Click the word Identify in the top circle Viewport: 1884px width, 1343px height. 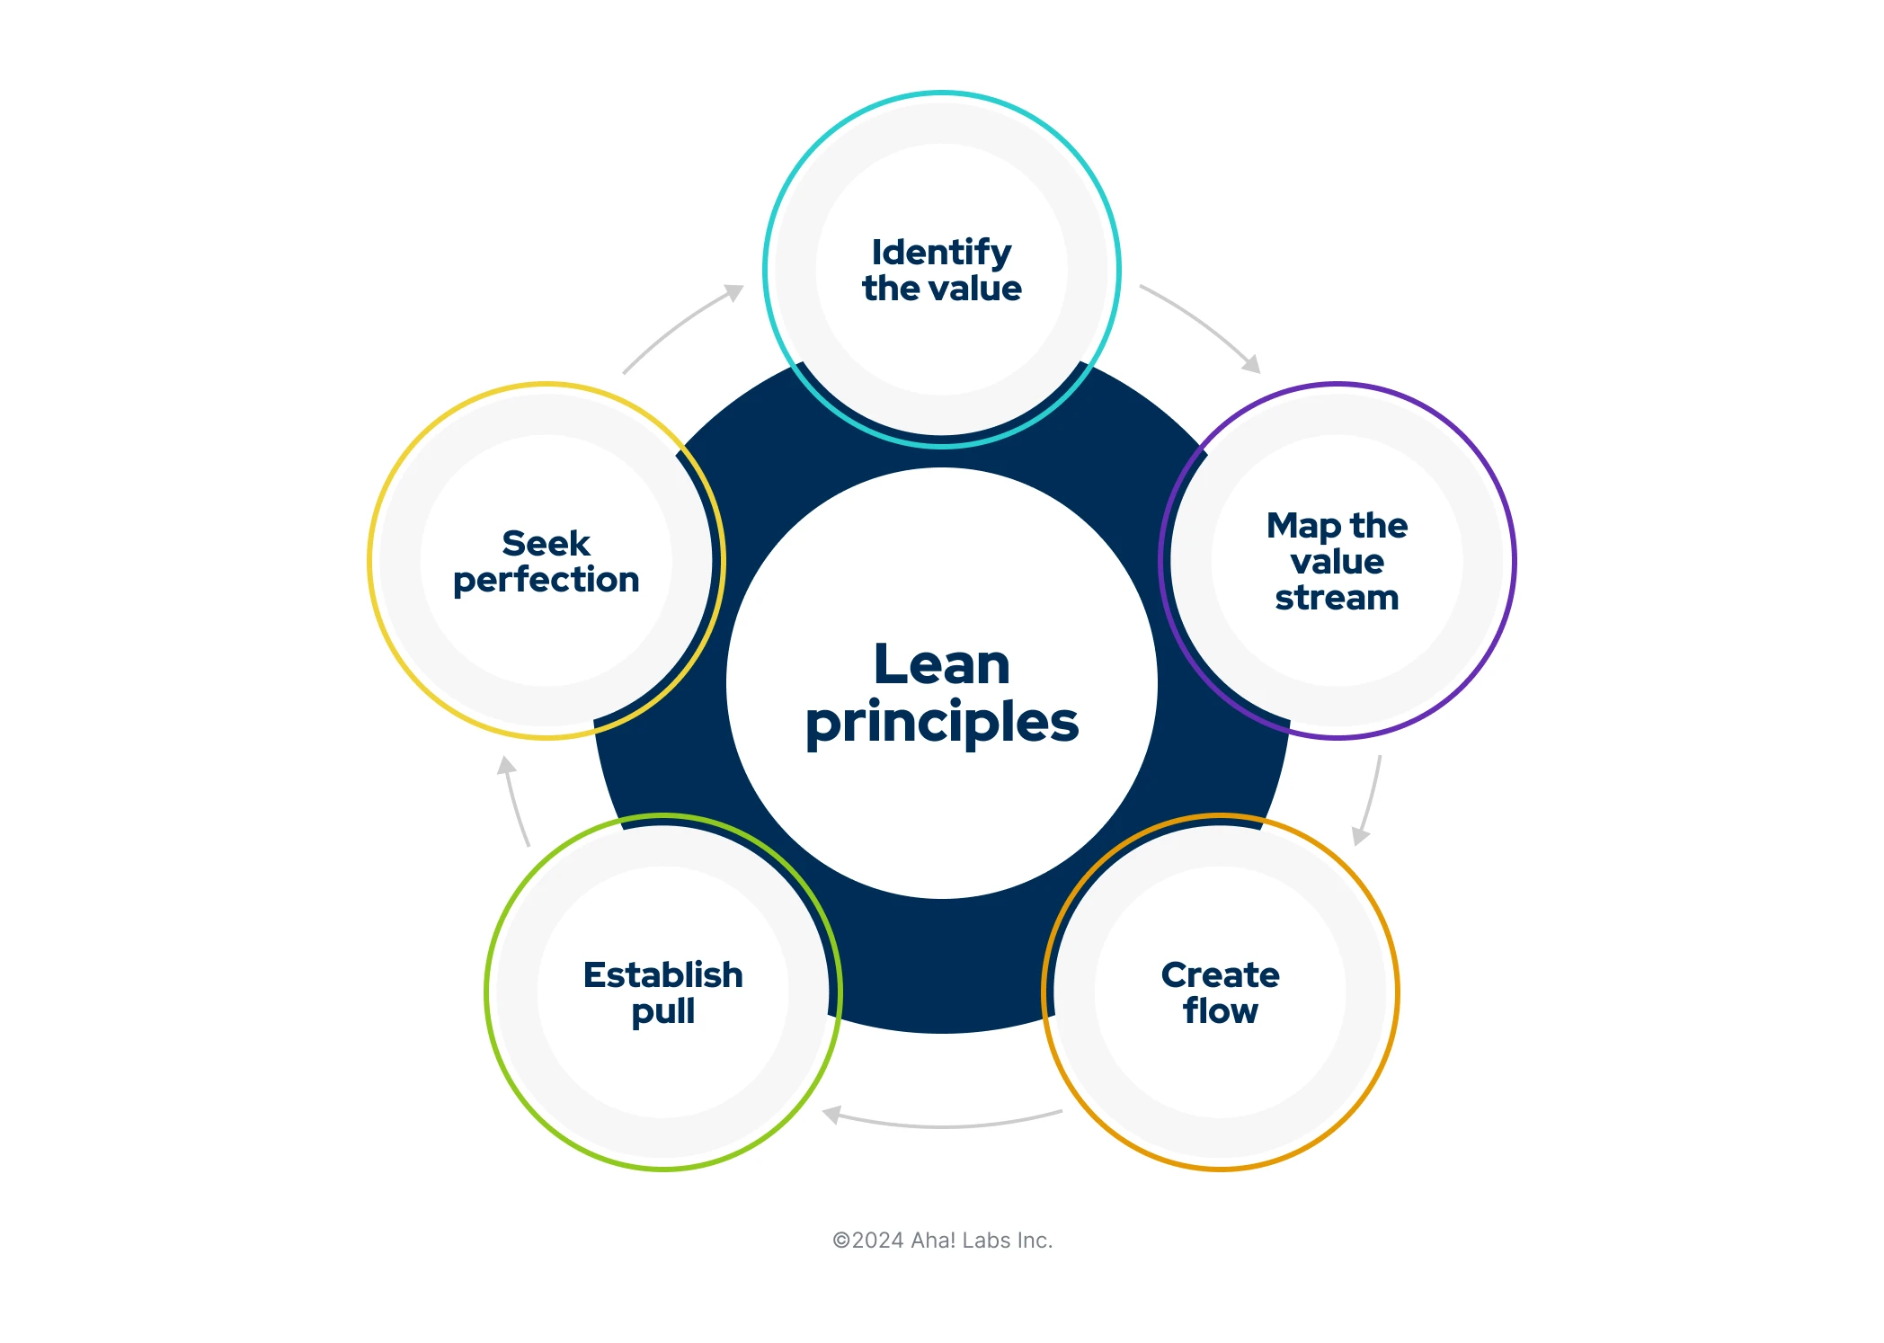click(x=941, y=253)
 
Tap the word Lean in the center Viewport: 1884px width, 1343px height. click(x=941, y=664)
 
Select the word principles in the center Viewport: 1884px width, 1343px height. click(x=941, y=724)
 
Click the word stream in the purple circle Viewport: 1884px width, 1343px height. click(x=1337, y=598)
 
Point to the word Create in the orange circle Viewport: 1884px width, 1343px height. click(x=1220, y=974)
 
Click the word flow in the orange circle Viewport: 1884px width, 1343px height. click(x=1220, y=1010)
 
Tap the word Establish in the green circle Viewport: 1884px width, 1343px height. click(x=662, y=974)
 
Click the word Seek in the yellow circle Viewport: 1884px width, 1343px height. click(x=546, y=543)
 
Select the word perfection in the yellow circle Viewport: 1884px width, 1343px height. click(x=546, y=581)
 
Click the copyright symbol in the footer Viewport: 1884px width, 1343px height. click(x=840, y=1241)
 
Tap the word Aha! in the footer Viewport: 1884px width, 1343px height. click(x=933, y=1241)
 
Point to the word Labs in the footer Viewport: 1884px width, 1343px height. click(x=986, y=1241)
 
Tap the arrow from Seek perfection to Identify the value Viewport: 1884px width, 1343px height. click(x=681, y=325)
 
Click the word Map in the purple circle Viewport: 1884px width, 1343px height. click(x=1302, y=526)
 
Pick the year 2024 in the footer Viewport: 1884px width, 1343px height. click(x=877, y=1241)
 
